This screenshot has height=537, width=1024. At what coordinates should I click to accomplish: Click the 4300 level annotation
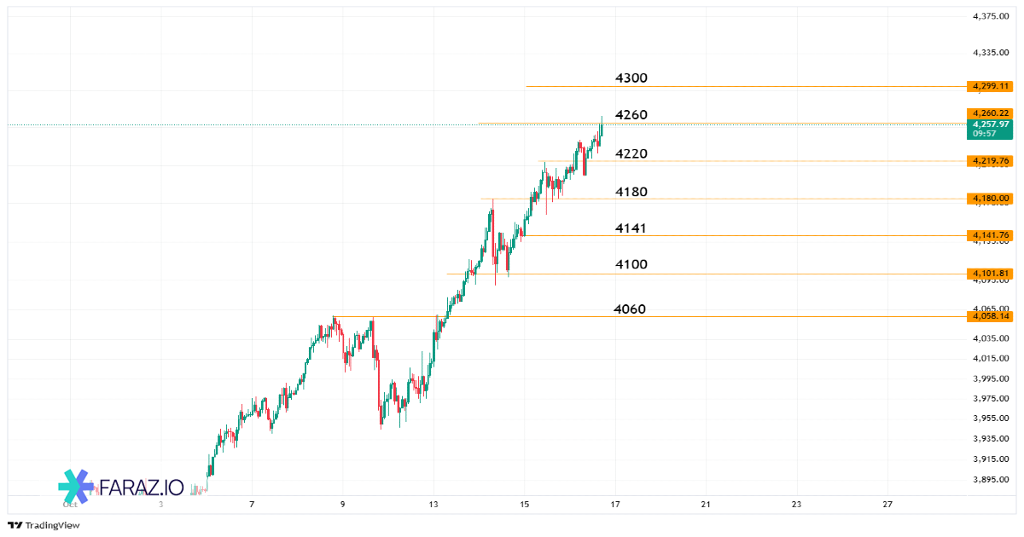point(631,78)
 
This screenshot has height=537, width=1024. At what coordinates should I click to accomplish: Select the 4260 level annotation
point(631,115)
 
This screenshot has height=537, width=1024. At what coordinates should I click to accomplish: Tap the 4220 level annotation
point(631,154)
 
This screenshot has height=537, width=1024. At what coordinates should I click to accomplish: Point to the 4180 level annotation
point(631,193)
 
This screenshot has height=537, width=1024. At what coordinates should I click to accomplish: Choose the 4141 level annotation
point(631,228)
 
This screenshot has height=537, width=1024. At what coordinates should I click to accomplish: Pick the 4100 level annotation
point(631,265)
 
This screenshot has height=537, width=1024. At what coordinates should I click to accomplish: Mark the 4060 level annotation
point(629,309)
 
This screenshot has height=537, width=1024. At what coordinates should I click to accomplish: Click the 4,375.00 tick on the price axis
point(991,16)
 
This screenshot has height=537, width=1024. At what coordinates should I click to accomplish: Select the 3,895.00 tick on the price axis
point(991,480)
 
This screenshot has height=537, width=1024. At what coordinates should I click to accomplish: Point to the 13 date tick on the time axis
point(433,505)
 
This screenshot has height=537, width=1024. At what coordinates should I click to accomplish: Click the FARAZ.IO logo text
point(142,488)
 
